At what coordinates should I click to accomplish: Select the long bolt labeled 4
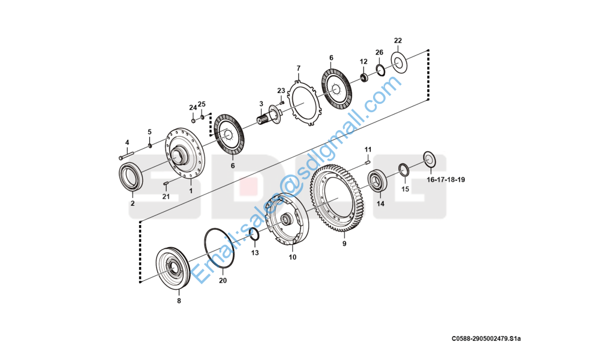tap(127, 155)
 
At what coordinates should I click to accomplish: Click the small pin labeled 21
tap(166, 184)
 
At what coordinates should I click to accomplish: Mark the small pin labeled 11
tap(367, 163)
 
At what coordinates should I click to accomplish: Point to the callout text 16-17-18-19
tap(446, 179)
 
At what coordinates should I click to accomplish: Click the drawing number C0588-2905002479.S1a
tap(486, 338)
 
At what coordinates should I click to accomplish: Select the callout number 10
tap(292, 257)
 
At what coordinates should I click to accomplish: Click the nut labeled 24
tap(193, 121)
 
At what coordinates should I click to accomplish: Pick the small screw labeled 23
tap(281, 103)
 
